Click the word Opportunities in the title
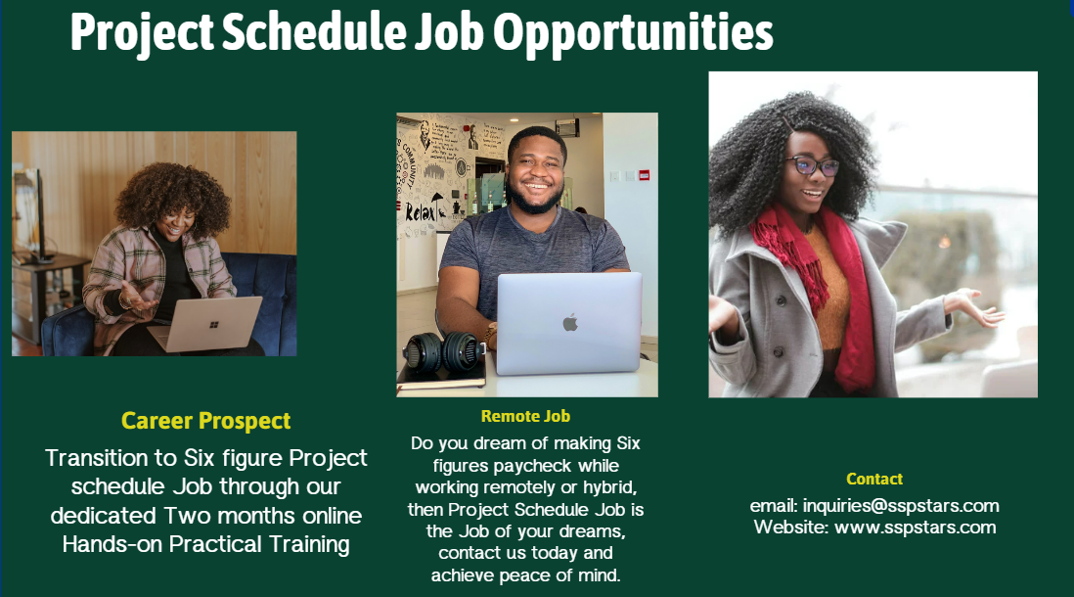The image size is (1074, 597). click(633, 32)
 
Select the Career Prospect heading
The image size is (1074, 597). click(206, 421)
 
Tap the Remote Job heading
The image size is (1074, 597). click(525, 416)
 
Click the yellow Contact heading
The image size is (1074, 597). click(874, 479)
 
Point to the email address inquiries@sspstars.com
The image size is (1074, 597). click(901, 506)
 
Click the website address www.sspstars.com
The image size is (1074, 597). click(915, 528)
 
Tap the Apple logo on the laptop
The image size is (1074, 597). click(569, 322)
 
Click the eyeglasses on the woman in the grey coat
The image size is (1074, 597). click(812, 166)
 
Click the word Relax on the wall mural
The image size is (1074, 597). click(422, 213)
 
